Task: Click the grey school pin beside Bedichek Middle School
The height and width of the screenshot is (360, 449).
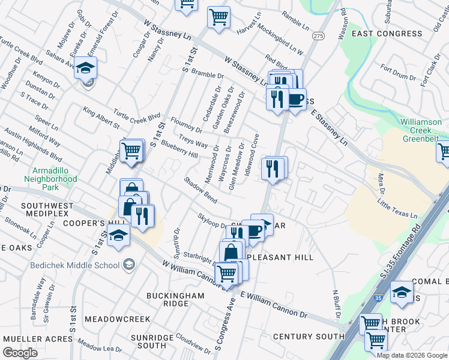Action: pos(128,265)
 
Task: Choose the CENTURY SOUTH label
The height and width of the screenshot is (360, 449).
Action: pos(309,337)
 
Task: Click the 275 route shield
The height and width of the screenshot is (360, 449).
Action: pos(318,37)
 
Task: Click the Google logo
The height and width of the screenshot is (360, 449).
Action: pos(20,353)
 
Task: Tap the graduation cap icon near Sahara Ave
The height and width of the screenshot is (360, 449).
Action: pos(86,68)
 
